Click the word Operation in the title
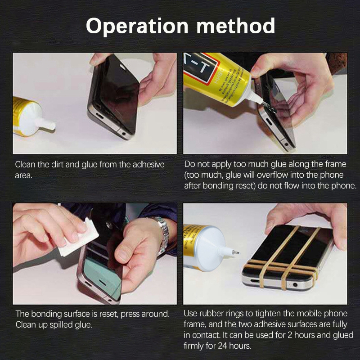pos(135,27)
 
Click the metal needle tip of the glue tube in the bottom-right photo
pos(234,253)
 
